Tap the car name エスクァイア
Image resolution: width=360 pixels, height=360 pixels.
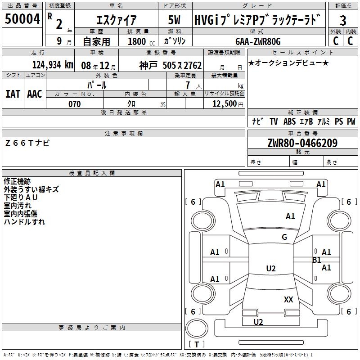(117, 20)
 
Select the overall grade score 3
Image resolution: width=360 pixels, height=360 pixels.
(343, 20)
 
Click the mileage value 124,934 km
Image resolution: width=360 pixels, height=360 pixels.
(53, 64)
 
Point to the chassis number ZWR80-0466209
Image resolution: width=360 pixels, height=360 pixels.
(302, 143)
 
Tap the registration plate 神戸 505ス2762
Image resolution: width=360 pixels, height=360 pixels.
(171, 65)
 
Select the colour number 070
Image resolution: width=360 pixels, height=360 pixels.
(74, 104)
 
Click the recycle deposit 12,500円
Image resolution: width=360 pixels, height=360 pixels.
(227, 104)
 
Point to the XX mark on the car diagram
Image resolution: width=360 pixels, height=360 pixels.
(288, 299)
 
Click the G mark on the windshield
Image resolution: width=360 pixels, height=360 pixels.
(284, 237)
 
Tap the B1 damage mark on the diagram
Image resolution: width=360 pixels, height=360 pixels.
(317, 260)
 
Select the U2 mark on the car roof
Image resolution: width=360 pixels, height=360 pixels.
(270, 269)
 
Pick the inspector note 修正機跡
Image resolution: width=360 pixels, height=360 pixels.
(17, 181)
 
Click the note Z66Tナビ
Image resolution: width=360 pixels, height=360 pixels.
(27, 143)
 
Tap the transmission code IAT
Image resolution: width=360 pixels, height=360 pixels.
(13, 94)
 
